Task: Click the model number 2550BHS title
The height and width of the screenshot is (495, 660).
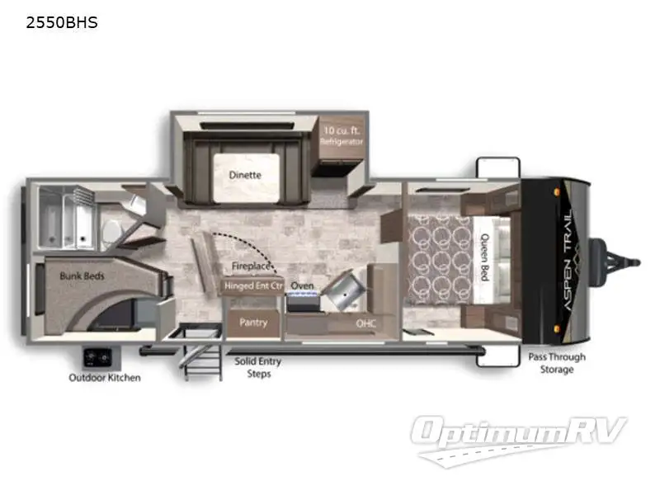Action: (x=62, y=23)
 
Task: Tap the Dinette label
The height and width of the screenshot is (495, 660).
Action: (x=245, y=175)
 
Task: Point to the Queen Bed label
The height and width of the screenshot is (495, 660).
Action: (x=484, y=259)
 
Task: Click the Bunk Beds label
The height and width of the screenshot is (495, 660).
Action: (x=82, y=276)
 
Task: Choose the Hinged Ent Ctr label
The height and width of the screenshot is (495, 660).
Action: (x=253, y=286)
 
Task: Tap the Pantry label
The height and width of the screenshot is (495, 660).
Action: (x=252, y=323)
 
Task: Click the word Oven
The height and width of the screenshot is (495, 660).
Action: (x=302, y=286)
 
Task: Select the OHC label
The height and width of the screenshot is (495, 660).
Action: (x=366, y=323)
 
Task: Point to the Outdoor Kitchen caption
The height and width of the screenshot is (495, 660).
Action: (x=104, y=378)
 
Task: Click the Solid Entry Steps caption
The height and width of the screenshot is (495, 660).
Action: (x=258, y=367)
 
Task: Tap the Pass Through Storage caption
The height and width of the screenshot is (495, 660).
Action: (x=557, y=363)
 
